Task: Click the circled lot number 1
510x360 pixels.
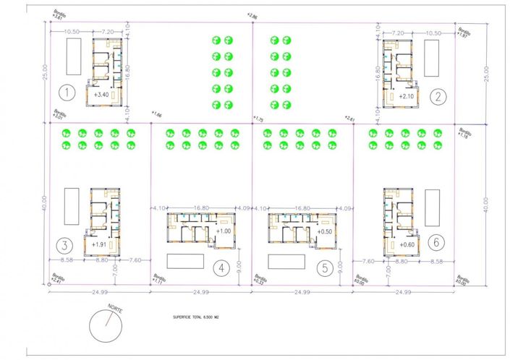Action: pos(67,93)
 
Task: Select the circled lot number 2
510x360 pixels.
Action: pos(438,95)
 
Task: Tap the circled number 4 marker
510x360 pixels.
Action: pos(222,267)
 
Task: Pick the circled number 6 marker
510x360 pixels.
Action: pos(434,242)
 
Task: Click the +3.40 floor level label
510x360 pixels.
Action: pos(102,95)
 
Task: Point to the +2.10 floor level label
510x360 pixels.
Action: pos(407,95)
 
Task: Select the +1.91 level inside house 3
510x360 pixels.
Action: pos(100,244)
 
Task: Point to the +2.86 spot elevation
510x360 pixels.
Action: pos(251,14)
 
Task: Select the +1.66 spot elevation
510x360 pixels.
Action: pos(156,114)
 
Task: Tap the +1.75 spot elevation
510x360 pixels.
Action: pos(258,118)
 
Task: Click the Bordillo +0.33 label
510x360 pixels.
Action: pos(258,279)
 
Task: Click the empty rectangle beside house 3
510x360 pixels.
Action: pos(71,207)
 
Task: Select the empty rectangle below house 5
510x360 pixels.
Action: pos(286,260)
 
